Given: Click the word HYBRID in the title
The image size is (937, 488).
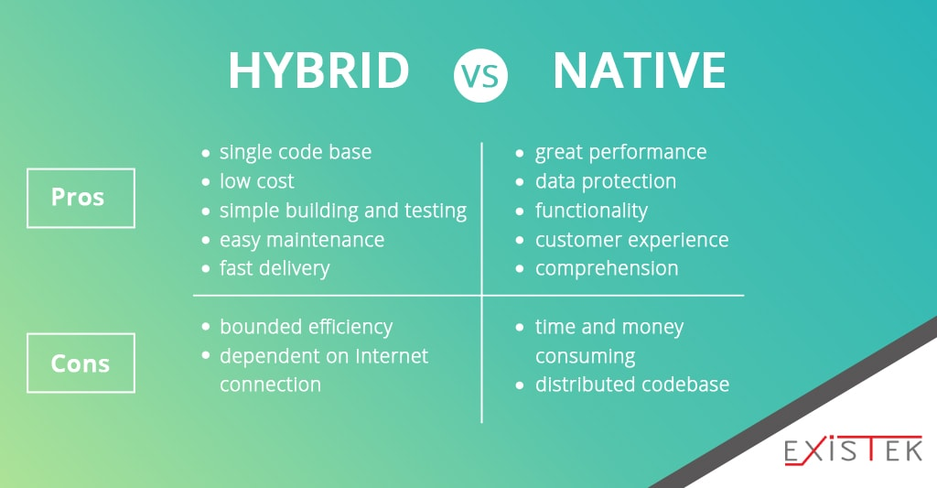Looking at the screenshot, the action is coord(318,70).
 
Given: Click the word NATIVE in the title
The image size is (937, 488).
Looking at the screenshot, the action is coord(639,70).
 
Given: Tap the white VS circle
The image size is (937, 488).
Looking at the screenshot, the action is coord(480,75).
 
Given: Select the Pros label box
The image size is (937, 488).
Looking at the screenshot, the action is coord(81,198).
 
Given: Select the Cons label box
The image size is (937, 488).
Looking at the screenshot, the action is coord(81,363).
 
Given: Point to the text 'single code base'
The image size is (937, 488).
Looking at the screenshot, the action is coord(296,153).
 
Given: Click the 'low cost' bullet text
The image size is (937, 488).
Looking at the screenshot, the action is coord(257,181).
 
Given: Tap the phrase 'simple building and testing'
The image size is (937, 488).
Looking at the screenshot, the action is coord(343,211).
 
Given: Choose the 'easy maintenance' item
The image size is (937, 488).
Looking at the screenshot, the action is coord(302,240).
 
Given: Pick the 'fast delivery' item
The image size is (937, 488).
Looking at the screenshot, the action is coord(275,268).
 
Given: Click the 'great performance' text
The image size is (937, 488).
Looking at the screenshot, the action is coord(621,153).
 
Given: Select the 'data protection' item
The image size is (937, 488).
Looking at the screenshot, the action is coord(606,181).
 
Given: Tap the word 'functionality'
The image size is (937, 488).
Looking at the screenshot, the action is coord(591,211).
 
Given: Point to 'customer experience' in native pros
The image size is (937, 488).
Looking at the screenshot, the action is coord(631,240).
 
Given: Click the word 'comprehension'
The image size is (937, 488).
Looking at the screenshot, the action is coord(607,269).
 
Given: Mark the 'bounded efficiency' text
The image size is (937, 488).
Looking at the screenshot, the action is coord(306,327).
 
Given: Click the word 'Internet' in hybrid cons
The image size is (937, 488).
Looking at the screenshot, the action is coord(392,356).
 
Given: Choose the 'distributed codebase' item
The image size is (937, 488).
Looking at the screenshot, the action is coord(632,385).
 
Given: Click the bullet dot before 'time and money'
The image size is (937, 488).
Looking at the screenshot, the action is coord(520,327).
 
